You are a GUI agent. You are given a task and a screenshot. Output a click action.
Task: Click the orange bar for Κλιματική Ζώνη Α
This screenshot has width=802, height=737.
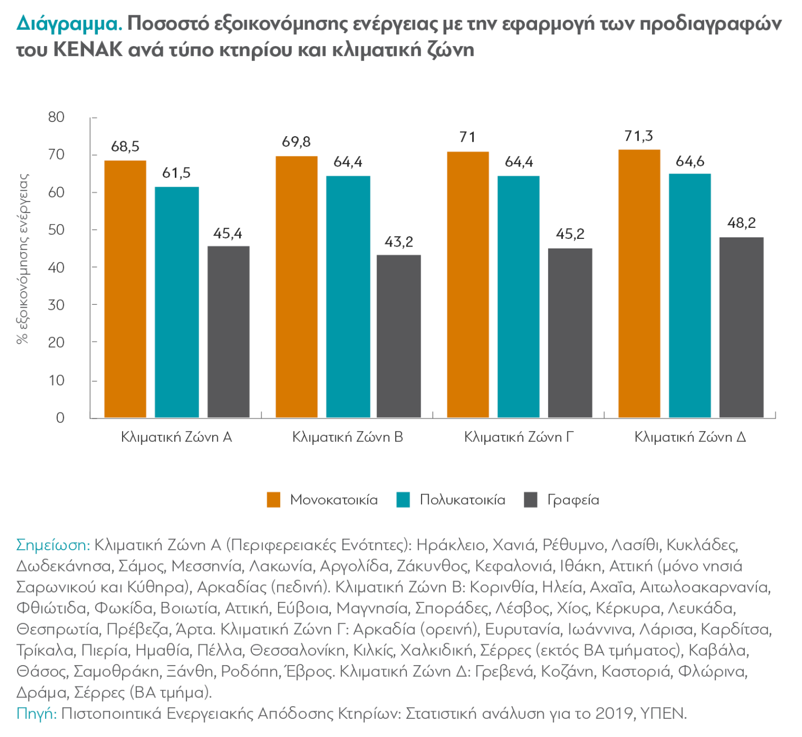click(125, 289)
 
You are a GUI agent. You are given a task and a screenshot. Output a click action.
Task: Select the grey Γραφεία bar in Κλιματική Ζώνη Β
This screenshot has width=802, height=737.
click(399, 336)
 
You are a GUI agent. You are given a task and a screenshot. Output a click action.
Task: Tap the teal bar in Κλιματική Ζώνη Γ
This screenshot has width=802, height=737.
click(518, 297)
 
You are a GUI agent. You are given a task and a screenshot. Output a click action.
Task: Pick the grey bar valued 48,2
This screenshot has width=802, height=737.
click(741, 327)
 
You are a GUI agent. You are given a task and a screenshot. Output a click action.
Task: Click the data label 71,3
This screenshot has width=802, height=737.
click(639, 136)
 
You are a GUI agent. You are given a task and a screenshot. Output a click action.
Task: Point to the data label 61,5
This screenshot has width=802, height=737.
click(176, 173)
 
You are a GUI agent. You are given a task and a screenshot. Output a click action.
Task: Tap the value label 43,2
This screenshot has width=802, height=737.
click(399, 242)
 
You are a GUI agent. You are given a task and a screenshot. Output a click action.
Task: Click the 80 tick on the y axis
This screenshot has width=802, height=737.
click(56, 117)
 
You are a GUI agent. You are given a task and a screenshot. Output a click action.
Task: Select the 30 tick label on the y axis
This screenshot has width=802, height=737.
click(56, 305)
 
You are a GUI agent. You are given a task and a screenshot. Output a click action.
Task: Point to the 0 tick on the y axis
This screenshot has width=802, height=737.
click(60, 418)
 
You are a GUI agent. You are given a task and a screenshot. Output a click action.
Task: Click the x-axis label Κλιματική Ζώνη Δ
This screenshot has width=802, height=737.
click(690, 437)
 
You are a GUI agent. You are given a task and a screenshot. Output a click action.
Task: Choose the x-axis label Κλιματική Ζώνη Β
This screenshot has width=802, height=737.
click(348, 437)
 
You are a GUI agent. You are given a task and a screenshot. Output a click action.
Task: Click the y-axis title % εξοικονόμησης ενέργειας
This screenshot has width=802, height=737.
click(23, 259)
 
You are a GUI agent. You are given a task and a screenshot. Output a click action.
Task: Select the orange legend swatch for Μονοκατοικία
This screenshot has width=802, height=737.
click(274, 500)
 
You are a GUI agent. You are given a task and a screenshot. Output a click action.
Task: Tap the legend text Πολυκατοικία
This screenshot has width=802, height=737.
click(463, 500)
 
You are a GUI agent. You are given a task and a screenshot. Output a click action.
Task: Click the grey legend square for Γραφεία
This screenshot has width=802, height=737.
click(530, 500)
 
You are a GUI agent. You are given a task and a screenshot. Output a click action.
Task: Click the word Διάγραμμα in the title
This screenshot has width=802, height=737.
click(69, 24)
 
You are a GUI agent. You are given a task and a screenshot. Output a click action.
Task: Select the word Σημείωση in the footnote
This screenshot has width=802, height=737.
click(53, 545)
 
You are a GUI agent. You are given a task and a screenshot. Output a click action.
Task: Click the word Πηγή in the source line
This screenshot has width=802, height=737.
click(36, 714)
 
